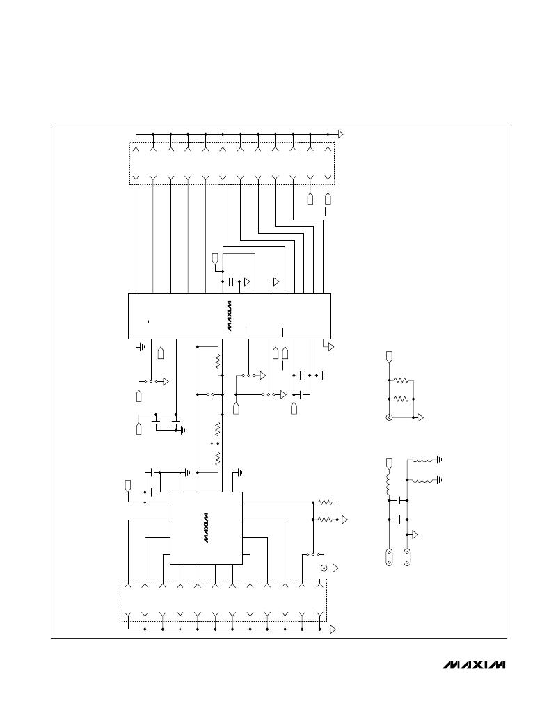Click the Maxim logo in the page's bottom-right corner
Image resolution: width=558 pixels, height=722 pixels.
pyautogui.click(x=474, y=665)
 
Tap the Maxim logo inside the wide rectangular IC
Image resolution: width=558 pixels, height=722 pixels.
pyautogui.click(x=229, y=316)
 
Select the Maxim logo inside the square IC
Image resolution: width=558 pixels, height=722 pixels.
pyautogui.click(x=206, y=528)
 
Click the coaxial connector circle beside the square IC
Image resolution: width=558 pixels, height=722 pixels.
pyautogui.click(x=324, y=568)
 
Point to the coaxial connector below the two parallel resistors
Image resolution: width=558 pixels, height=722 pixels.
pyautogui.click(x=390, y=417)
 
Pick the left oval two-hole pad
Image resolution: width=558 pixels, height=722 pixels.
pyautogui.click(x=390, y=556)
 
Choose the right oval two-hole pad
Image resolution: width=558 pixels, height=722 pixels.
pyautogui.click(x=407, y=556)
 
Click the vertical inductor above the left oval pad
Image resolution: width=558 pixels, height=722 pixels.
pyautogui.click(x=388, y=483)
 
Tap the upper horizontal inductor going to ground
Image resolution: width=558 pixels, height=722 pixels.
pyautogui.click(x=422, y=460)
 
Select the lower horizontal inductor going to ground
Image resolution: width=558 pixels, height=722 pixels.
pyautogui.click(x=422, y=481)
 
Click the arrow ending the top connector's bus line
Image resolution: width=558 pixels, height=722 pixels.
pyautogui.click(x=340, y=134)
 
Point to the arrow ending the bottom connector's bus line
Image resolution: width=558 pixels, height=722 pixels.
pyautogui.click(x=333, y=629)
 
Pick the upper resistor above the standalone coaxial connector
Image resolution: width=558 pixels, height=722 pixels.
pyautogui.click(x=401, y=380)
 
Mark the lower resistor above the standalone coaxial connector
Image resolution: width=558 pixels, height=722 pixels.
pyautogui.click(x=401, y=399)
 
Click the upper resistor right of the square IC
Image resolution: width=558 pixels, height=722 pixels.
pyautogui.click(x=326, y=502)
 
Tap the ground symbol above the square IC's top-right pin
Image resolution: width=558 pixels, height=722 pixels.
pyautogui.click(x=238, y=472)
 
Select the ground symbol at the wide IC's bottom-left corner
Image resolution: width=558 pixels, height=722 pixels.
pyautogui.click(x=141, y=346)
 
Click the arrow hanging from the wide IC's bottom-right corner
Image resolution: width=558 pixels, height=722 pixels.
pyautogui.click(x=330, y=347)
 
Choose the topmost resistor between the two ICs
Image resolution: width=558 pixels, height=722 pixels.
pyautogui.click(x=218, y=364)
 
